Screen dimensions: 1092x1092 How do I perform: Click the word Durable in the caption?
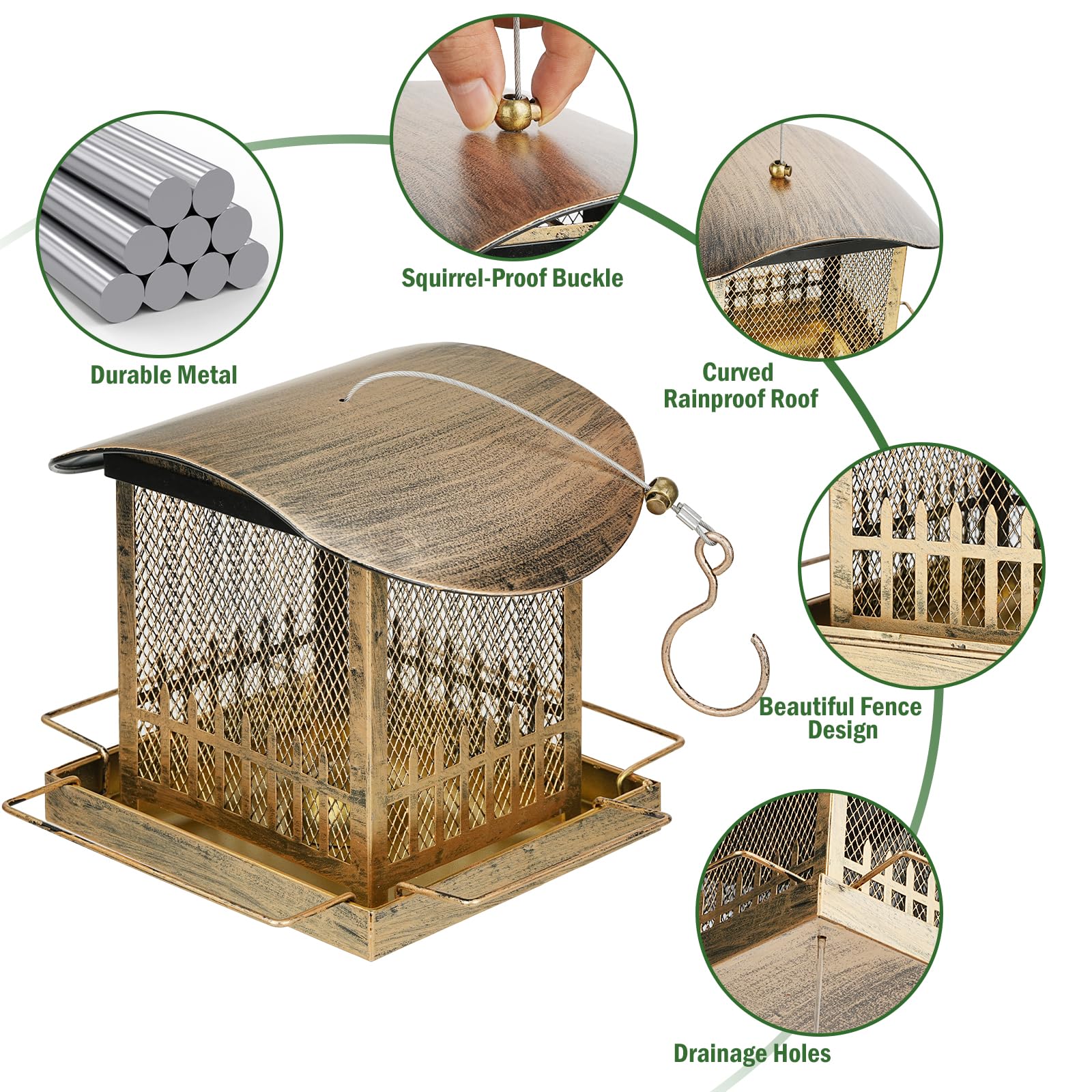tap(130, 375)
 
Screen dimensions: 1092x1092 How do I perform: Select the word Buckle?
tap(588, 278)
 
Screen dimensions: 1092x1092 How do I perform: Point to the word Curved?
tap(738, 373)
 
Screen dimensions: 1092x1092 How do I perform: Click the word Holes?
tap(803, 1053)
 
